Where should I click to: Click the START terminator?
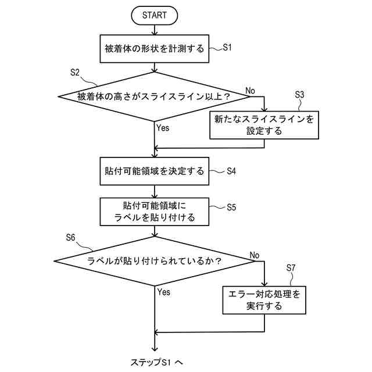pyautogui.click(x=154, y=16)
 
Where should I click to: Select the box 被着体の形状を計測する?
pyautogui.click(x=154, y=49)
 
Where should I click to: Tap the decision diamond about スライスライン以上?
pyautogui.click(x=154, y=96)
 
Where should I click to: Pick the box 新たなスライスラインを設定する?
pyautogui.click(x=264, y=125)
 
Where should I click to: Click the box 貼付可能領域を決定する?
pyautogui.click(x=154, y=171)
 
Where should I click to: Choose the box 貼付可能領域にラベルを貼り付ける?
pyautogui.click(x=154, y=212)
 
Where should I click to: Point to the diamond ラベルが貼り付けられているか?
pyautogui.click(x=154, y=261)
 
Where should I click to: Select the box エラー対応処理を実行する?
pyautogui.click(x=264, y=299)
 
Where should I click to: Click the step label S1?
pyautogui.click(x=227, y=48)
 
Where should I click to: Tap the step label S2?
pyautogui.click(x=75, y=72)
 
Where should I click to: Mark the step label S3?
pyautogui.click(x=300, y=94)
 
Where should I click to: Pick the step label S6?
pyautogui.click(x=70, y=237)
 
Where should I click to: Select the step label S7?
pyautogui.click(x=292, y=268)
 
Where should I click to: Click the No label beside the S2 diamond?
pyautogui.click(x=250, y=90)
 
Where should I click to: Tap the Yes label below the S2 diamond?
pyautogui.click(x=163, y=128)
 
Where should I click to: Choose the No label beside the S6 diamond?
pyautogui.click(x=253, y=255)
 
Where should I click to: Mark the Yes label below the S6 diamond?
pyautogui.click(x=163, y=292)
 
